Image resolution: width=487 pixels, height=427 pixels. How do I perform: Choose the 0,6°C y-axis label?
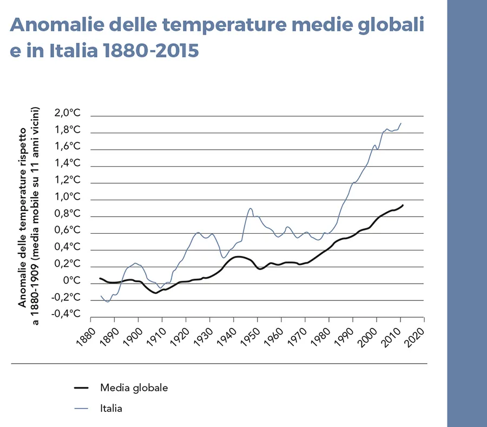point(67,231)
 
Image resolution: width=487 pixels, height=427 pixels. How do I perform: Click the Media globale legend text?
point(134,387)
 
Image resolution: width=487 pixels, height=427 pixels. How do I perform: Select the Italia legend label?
point(111,408)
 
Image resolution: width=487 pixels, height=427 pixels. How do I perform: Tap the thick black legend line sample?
point(81,387)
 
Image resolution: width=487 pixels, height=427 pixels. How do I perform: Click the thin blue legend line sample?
point(81,408)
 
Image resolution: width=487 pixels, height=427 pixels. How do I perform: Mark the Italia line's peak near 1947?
point(251,208)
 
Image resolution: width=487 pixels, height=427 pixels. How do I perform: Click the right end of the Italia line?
point(401,123)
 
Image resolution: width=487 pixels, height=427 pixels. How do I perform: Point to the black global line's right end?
point(403,205)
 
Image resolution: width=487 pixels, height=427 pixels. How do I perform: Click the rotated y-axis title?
point(30,207)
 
